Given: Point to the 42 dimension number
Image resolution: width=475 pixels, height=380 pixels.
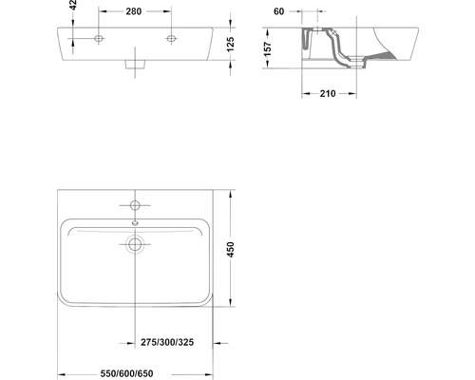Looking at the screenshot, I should (x=72, y=7).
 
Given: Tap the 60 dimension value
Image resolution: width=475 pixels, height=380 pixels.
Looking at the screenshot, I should (x=279, y=11).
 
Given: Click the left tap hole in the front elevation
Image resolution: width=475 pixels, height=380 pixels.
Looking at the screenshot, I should (x=99, y=39).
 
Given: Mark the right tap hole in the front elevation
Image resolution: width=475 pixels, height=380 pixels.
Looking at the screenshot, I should (x=172, y=39).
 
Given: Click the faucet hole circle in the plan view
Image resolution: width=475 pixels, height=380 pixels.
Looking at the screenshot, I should (x=136, y=205).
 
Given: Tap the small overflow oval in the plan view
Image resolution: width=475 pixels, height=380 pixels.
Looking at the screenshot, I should (x=136, y=224).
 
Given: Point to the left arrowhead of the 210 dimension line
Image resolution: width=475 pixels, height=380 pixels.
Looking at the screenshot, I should (x=304, y=95).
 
